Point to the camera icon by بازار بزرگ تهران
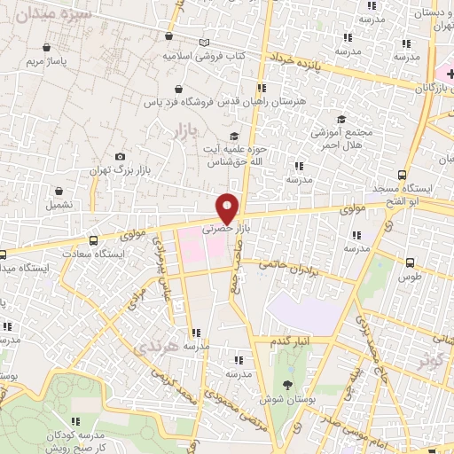120,156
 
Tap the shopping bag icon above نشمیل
59,191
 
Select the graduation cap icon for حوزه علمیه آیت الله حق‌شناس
234,136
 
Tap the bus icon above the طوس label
409,262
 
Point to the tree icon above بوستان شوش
287,384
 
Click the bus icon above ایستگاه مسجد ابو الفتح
403,176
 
